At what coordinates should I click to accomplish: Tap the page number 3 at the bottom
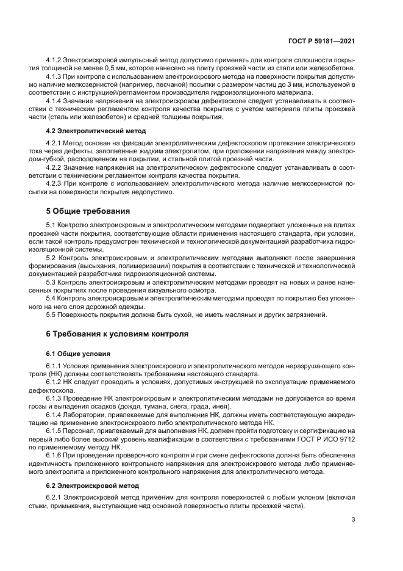pos(354,520)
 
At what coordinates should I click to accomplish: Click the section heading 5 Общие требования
pos(88,211)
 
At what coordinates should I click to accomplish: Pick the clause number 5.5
pos(51,315)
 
